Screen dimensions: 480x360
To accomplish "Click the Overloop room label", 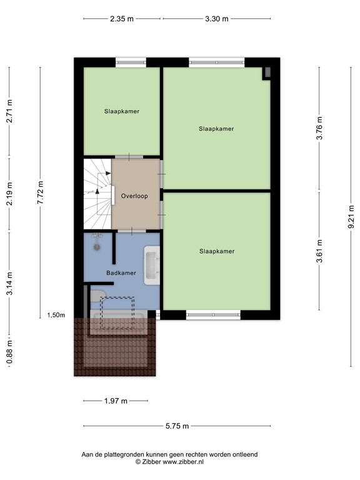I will point(135,196).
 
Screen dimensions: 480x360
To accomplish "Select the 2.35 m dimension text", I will point(122,19).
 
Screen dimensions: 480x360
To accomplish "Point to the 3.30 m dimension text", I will point(216,19).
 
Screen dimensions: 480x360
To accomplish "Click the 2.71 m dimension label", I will point(9,111).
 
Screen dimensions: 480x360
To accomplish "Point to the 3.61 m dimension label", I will point(319,251).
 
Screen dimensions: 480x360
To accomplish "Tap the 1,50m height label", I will point(56,315).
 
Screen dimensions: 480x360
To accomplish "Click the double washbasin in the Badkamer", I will point(152,266).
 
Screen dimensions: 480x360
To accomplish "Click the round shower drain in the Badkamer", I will point(97,246).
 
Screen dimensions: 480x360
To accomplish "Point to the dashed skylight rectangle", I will point(118,311).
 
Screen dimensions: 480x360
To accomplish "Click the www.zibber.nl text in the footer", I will point(184,462).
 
